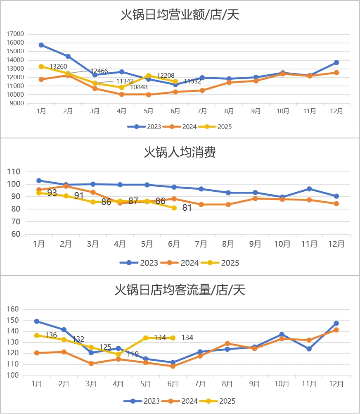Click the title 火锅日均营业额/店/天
pos(180,15)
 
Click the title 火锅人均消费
pos(180,152)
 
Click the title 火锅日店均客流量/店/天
pos(180,290)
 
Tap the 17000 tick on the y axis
pos(16,34)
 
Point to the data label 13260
pos(58,66)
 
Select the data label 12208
pos(166,76)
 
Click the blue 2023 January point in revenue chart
pos(41,45)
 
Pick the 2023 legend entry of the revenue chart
pos(144,127)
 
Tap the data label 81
pos(187,208)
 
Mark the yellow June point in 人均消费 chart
pos(174,208)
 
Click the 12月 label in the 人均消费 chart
pos(336,244)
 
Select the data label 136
pos(51,335)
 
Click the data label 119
pos(133,354)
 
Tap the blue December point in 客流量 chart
pos(336,324)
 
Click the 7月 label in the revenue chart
pos(202,111)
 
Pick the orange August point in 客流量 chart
pos(227,343)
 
